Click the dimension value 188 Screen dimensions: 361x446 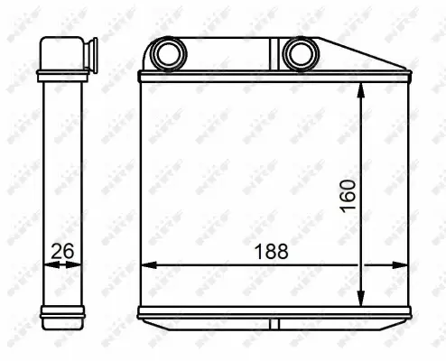click(x=271, y=253)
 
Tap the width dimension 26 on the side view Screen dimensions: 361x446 click(x=61, y=253)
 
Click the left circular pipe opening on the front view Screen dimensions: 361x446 click(x=167, y=55)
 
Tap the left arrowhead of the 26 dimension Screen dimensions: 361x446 click(x=47, y=264)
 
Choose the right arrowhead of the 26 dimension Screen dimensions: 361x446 click(x=77, y=264)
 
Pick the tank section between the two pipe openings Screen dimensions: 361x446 click(x=232, y=55)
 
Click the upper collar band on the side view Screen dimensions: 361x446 click(x=62, y=76)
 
